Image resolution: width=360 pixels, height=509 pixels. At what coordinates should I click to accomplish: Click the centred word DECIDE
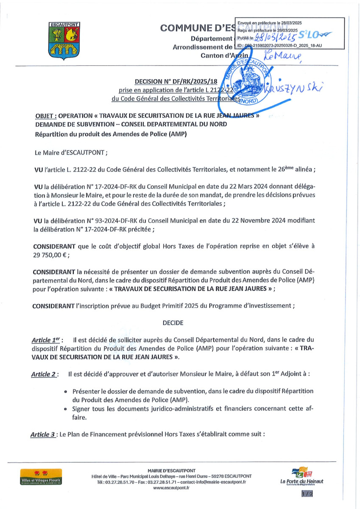[x=173, y=323]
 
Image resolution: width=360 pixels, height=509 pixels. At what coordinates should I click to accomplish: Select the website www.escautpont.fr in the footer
[x=171, y=488]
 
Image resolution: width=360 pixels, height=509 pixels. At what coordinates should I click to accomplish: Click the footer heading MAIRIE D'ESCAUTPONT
[x=171, y=471]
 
